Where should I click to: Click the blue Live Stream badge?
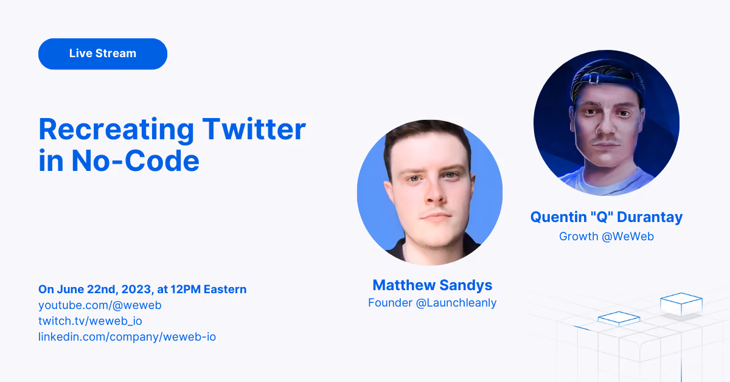coord(103,54)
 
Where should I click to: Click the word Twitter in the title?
coord(254,130)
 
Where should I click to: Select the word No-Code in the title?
coord(135,161)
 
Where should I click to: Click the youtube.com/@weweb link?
coord(100,305)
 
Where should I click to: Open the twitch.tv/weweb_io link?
coord(90,321)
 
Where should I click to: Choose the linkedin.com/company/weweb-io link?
coord(127,337)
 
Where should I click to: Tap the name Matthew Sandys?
coord(432,285)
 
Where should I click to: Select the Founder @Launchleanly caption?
coord(432,303)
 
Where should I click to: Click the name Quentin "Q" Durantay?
coord(607,217)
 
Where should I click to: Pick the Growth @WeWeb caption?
coord(607,236)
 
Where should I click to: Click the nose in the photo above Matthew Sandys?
coord(436,194)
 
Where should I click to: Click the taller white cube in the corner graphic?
coord(681,304)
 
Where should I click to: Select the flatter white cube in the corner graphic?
coord(619,319)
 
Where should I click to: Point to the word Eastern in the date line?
coord(225,290)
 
